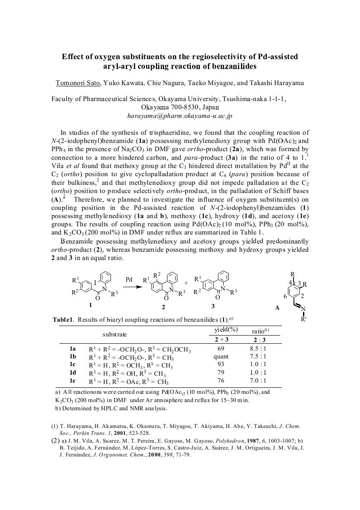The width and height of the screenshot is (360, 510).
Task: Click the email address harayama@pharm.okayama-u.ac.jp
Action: (180, 116)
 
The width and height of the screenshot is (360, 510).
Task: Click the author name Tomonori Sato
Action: (78, 83)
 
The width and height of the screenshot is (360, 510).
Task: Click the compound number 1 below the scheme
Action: (90, 305)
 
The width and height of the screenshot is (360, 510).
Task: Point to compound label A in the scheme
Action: (277, 308)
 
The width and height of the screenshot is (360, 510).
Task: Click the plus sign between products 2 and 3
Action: (186, 283)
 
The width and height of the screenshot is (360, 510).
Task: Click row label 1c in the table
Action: (73, 365)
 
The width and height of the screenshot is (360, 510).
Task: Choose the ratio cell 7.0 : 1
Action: (258, 381)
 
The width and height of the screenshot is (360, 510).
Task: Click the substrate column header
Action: (114, 334)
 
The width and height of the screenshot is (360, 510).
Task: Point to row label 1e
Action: (73, 381)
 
